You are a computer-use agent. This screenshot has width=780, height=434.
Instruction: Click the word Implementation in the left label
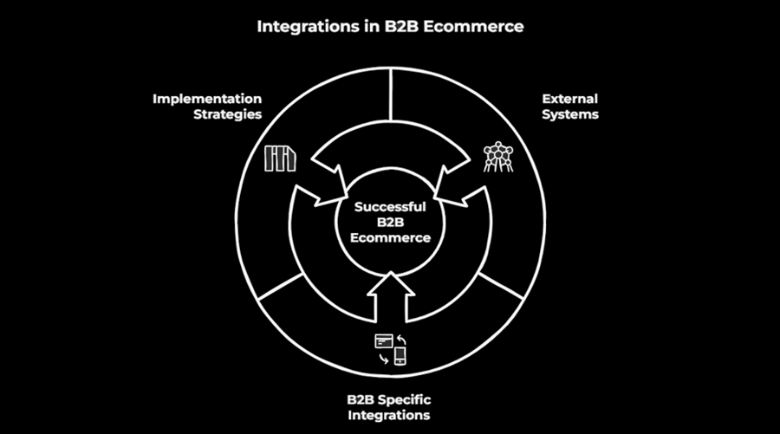207,98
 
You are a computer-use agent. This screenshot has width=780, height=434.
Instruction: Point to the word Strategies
227,114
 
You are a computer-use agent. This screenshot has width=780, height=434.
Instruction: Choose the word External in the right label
569,98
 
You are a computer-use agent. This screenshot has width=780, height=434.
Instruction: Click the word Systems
569,114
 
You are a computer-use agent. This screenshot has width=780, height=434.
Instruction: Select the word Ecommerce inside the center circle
390,237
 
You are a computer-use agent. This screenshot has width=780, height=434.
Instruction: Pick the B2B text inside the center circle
390,222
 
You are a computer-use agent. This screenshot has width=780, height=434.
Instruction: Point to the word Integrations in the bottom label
389,415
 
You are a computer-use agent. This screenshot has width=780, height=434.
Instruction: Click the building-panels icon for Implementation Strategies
281,159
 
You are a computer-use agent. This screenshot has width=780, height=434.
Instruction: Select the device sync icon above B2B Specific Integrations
391,349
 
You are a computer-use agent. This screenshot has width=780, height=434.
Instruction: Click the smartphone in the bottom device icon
400,355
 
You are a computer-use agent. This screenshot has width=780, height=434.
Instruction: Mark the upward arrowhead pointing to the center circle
390,284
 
